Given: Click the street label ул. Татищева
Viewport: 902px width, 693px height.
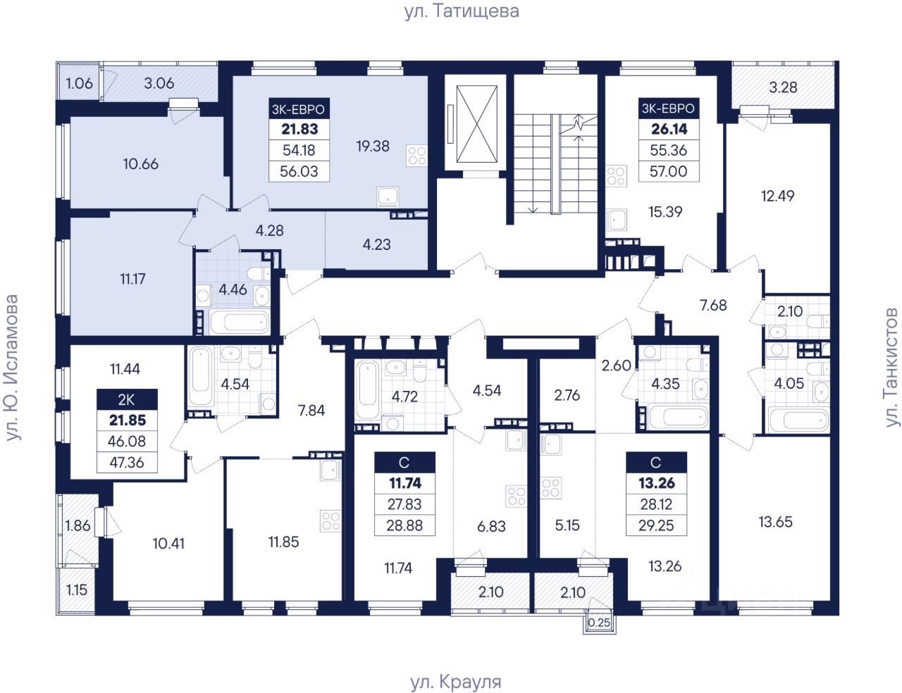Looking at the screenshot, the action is point(462,11).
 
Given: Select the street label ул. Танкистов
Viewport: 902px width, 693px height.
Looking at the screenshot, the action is point(891,368).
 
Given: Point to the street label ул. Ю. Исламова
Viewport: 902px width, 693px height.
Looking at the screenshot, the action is point(12,368).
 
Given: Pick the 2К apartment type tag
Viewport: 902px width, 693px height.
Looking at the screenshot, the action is point(127,400).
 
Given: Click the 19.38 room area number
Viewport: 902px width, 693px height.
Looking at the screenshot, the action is point(373,146).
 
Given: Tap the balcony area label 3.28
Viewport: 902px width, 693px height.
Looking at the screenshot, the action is point(783,87).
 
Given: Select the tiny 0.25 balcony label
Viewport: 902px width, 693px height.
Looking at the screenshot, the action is point(599,623).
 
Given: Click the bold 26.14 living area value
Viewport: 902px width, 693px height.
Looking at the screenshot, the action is point(669,129).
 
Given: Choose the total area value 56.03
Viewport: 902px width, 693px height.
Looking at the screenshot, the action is point(299,171).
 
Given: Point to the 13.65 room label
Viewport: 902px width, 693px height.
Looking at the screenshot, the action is point(775,522).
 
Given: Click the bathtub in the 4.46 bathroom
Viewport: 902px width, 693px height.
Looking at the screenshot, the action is point(240,322).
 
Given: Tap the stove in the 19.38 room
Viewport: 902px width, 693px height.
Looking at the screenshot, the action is point(416,156).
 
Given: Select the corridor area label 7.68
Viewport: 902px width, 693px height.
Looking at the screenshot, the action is point(713,305).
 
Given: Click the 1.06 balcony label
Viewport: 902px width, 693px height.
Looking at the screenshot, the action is point(80,83).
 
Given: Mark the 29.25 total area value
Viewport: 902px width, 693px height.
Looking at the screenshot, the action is point(656,525).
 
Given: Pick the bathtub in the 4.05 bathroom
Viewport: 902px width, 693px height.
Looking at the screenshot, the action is point(798,420).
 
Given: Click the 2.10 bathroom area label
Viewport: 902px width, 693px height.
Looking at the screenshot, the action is point(789,311).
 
